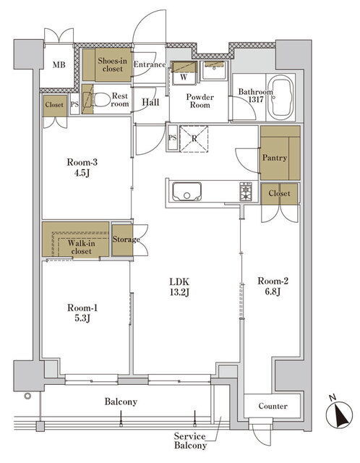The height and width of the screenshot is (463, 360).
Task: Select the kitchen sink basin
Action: [x=187, y=192]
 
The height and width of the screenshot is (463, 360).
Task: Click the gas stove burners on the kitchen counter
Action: [x=246, y=192]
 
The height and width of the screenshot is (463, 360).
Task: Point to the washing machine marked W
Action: [x=184, y=73]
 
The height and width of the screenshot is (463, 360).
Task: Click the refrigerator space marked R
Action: [x=194, y=138]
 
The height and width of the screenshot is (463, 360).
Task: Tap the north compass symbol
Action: [x=339, y=413]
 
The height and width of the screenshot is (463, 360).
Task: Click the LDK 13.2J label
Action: [x=179, y=286]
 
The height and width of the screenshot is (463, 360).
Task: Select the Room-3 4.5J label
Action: [x=82, y=167]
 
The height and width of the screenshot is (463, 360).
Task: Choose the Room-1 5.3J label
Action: [x=82, y=313]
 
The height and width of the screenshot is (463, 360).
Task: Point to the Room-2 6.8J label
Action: [x=273, y=286]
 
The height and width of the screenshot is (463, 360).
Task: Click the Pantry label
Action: [x=275, y=158]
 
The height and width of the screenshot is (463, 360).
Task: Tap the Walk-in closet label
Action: [x=82, y=247]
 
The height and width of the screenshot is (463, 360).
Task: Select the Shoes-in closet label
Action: [x=113, y=64]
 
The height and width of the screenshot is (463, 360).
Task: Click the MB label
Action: [x=59, y=64]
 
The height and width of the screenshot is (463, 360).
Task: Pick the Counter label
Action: [x=273, y=406]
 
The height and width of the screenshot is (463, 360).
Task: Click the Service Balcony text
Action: [x=189, y=441]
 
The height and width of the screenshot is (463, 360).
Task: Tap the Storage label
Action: [x=126, y=239]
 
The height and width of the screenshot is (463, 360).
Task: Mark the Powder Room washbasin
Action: [x=215, y=70]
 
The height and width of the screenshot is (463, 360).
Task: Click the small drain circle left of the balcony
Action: [x=27, y=396]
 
